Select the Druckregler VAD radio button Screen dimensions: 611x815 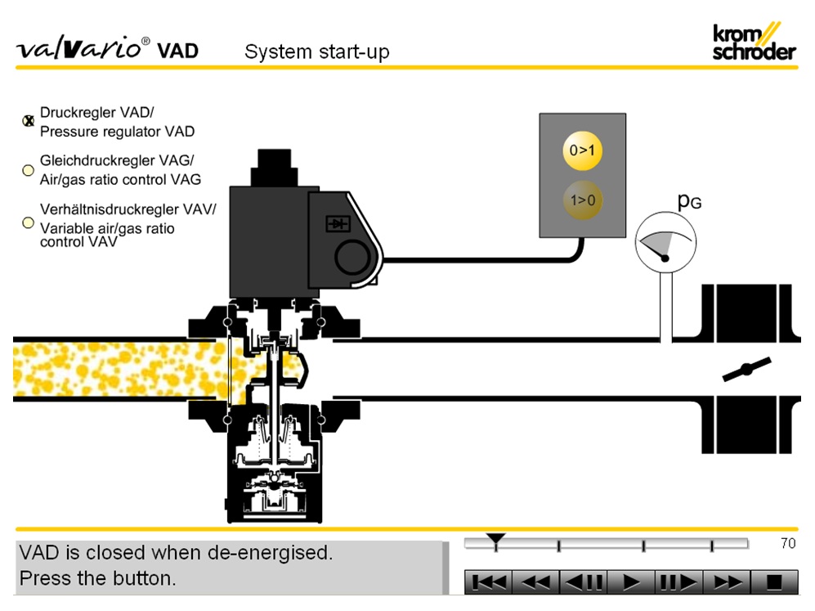(28, 121)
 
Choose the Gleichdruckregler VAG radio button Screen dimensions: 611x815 (28, 170)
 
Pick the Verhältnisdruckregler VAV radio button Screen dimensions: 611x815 (28, 222)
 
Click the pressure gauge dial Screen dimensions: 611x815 (665, 242)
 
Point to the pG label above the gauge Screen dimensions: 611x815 (689, 201)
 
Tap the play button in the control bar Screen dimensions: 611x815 (631, 582)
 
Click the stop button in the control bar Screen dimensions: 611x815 (773, 582)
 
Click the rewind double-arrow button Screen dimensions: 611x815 (536, 582)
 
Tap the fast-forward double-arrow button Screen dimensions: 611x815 (727, 582)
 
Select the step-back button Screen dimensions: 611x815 (584, 582)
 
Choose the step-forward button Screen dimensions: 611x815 (678, 582)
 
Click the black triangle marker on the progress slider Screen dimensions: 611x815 (495, 539)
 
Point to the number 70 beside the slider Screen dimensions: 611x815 (787, 543)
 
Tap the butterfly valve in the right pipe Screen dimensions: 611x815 (746, 370)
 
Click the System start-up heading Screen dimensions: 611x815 (317, 52)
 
